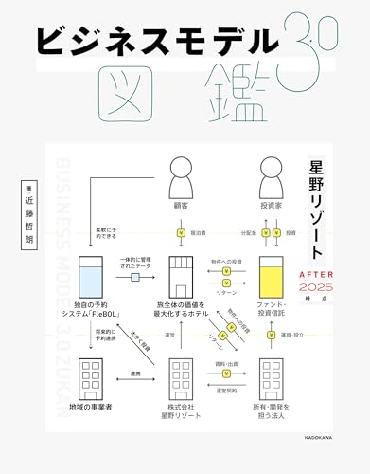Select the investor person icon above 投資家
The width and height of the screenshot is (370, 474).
273,176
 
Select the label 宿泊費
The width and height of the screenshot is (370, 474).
200,231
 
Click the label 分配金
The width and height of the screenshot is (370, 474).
249,231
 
